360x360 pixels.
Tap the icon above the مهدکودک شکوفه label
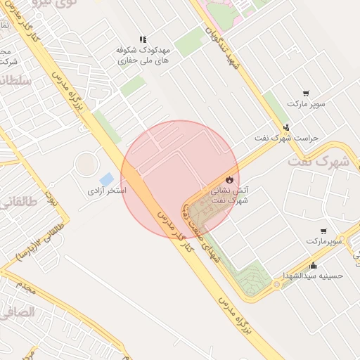pos(143,39)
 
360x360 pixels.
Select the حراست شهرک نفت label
pos(286,138)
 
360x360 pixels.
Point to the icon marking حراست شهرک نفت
pos(286,127)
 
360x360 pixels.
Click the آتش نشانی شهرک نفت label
pos(229,195)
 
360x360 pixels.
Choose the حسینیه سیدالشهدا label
pos(312,276)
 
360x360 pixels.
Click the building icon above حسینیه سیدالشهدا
pos(313,265)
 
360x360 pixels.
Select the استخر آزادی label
pos(107,191)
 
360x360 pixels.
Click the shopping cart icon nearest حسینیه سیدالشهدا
pos(323,231)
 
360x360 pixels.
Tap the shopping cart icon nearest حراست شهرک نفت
pos(306,93)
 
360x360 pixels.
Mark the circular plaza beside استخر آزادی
pos(86,165)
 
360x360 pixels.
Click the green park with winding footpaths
pos(253,278)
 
